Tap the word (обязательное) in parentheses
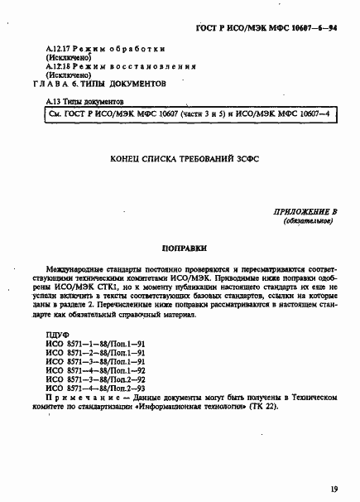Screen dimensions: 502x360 [308, 222]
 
